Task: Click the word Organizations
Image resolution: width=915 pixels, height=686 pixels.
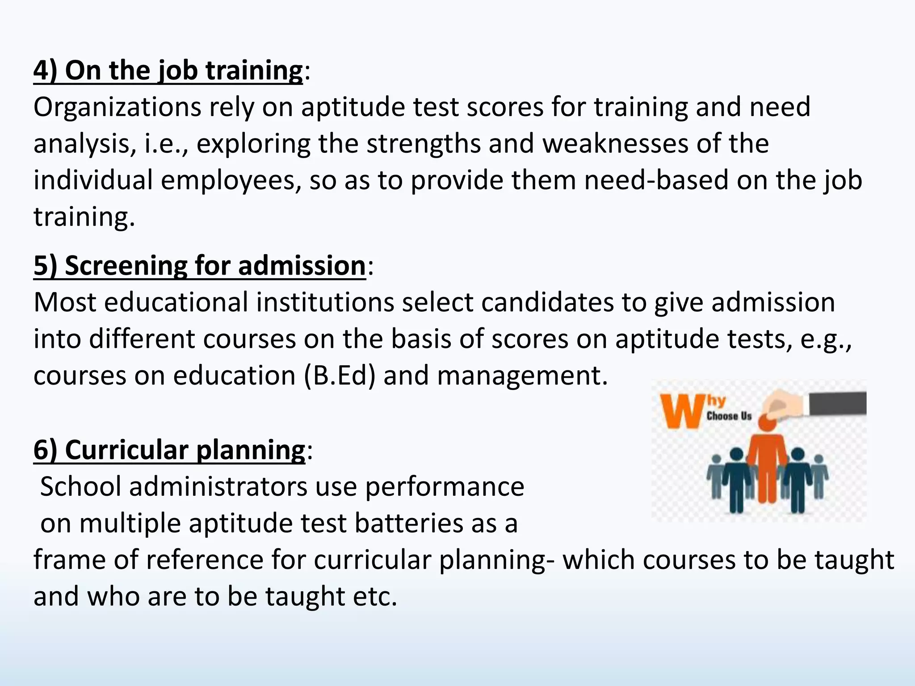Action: [117, 108]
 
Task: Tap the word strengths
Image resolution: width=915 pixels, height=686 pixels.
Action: [423, 144]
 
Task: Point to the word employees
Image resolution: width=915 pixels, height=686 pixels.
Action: [231, 180]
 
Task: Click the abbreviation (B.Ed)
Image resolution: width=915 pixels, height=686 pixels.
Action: [340, 376]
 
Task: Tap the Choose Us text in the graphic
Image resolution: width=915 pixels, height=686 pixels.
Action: [729, 416]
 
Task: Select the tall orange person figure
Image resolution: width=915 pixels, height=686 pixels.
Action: [768, 464]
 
